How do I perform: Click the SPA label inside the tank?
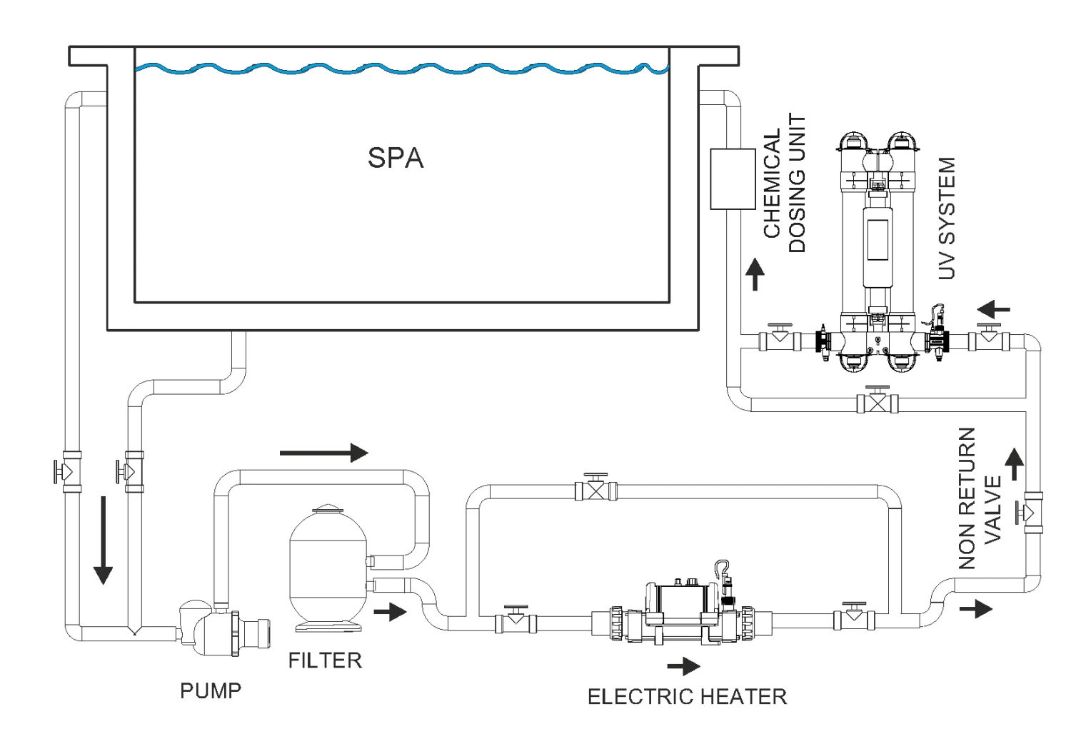(x=396, y=158)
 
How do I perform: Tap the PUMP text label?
(x=211, y=691)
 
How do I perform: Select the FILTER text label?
(x=325, y=660)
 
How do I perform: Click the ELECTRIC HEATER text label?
(x=687, y=696)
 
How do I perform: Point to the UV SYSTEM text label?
(x=946, y=219)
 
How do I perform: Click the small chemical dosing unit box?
(x=733, y=179)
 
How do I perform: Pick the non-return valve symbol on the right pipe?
(x=1032, y=512)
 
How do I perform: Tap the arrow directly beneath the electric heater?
(x=684, y=667)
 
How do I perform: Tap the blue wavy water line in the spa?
(x=400, y=69)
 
